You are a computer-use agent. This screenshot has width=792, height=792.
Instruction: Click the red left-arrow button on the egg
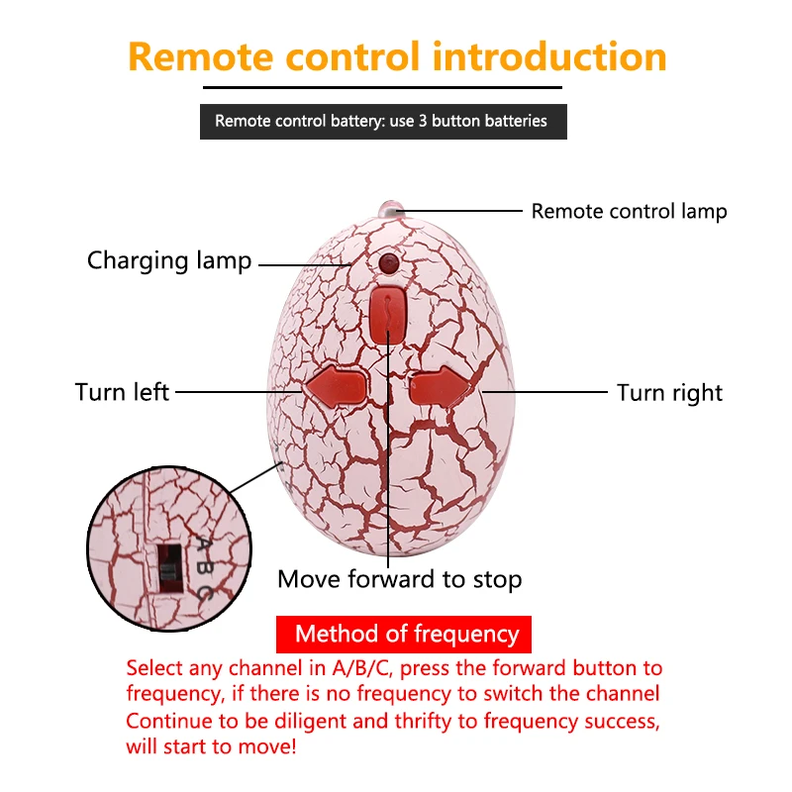tap(335, 387)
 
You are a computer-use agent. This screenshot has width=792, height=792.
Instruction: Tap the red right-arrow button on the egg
tap(441, 387)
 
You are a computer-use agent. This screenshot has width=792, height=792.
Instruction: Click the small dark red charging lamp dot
tap(388, 262)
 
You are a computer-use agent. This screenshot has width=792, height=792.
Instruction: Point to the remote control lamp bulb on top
tap(390, 209)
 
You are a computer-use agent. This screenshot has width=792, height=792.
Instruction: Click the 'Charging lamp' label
tap(169, 261)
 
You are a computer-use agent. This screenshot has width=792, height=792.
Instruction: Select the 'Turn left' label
tap(122, 392)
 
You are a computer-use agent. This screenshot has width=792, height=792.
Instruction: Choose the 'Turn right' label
tap(670, 393)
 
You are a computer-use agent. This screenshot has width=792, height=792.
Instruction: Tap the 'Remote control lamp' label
tap(629, 212)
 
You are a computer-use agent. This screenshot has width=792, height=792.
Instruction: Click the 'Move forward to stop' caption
tap(400, 579)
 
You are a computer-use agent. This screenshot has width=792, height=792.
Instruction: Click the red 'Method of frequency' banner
tap(404, 634)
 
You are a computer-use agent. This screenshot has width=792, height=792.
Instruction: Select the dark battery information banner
tap(383, 122)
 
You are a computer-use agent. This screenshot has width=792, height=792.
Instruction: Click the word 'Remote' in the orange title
tap(201, 56)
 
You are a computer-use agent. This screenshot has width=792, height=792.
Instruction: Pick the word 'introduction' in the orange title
tap(549, 56)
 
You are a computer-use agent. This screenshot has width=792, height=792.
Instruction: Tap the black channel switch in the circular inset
tap(169, 568)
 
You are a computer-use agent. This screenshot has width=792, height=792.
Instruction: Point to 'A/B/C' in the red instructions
tap(361, 668)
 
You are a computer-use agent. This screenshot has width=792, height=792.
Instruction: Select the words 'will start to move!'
tap(211, 746)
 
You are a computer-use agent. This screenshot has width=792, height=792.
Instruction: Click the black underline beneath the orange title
tap(382, 87)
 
